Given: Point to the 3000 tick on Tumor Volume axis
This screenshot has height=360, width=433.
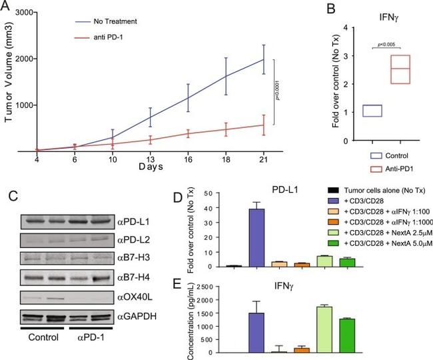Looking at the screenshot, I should [x=25, y=13].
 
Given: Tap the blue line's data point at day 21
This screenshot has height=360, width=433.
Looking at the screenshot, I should [x=263, y=59].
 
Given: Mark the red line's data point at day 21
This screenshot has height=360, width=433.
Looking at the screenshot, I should [x=263, y=125].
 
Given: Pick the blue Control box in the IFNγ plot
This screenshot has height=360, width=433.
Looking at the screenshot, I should [x=372, y=111].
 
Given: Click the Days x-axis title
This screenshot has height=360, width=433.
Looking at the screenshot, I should [x=151, y=169].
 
